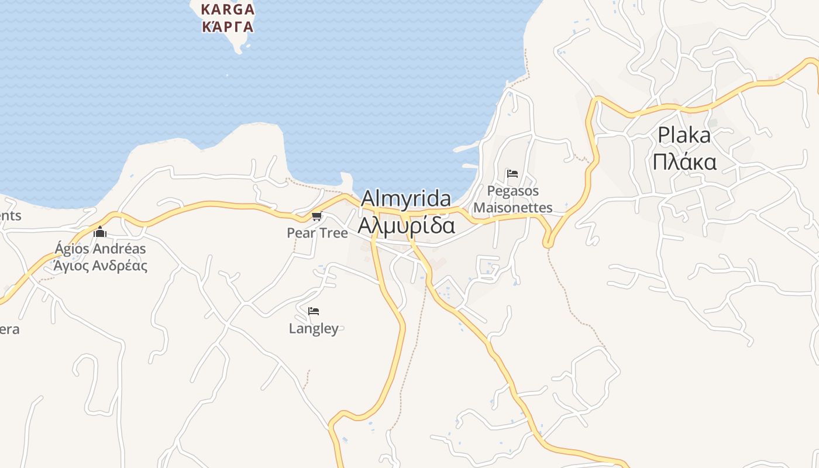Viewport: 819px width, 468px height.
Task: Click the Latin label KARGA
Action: [228, 9]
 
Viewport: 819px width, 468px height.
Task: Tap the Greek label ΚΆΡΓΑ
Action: [228, 26]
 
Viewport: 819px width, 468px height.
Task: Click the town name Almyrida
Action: [406, 199]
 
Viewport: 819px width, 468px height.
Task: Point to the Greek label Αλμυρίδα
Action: [406, 225]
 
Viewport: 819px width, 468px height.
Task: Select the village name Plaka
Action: [684, 135]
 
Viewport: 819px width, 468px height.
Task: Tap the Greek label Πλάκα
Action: [684, 161]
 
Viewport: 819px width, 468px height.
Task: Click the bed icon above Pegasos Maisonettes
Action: [512, 174]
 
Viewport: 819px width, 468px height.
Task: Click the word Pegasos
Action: [513, 191]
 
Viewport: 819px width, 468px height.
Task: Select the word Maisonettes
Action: [513, 208]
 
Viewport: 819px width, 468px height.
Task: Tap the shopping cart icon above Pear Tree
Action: [317, 216]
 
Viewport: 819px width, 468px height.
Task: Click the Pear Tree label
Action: [317, 233]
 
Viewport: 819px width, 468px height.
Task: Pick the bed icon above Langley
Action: [314, 311]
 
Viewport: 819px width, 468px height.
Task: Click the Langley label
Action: [314, 329]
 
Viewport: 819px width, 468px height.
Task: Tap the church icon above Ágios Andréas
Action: [100, 232]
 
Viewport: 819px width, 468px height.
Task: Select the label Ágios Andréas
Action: [100, 249]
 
